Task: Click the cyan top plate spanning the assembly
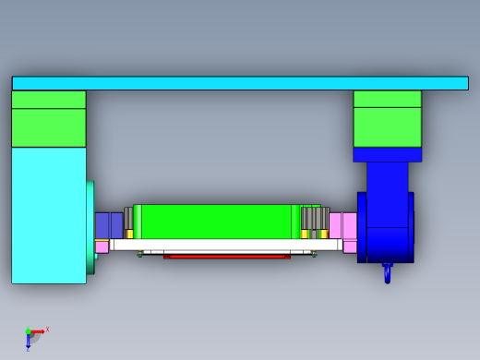[x=240, y=83]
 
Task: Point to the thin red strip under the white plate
[x=226, y=256]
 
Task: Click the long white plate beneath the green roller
[x=226, y=246]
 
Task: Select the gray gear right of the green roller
[x=315, y=218]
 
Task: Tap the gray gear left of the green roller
[x=129, y=218]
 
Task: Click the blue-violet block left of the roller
[x=109, y=225]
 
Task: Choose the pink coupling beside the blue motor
[x=342, y=225]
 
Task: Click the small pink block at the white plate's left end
[x=102, y=246]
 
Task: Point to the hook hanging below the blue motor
[x=388, y=273]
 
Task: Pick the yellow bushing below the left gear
[x=129, y=234]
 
